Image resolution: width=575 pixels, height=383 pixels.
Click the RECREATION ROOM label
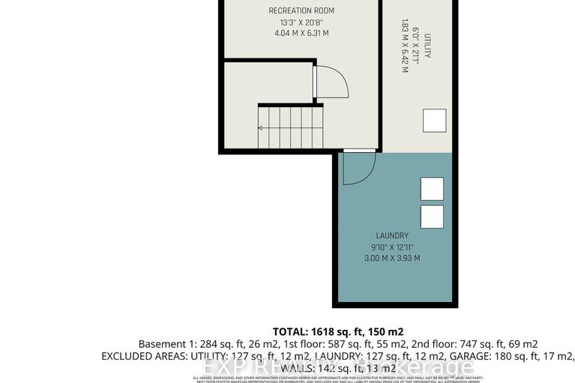tap(301, 10)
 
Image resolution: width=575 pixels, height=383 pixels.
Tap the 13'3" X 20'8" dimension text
tap(301, 22)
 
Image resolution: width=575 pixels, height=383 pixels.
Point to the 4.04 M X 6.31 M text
tap(301, 34)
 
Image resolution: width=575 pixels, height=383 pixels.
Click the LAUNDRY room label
tap(393, 235)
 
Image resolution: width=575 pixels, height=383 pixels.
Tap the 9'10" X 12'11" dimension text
tap(393, 247)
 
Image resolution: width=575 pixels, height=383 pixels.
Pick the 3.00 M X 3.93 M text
tap(393, 259)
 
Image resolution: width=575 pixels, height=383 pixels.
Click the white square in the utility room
tap(433, 120)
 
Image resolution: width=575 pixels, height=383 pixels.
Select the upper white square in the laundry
tap(432, 189)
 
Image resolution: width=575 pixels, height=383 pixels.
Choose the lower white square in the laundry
tap(432, 217)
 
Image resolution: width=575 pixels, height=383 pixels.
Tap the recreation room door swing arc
tap(333, 82)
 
